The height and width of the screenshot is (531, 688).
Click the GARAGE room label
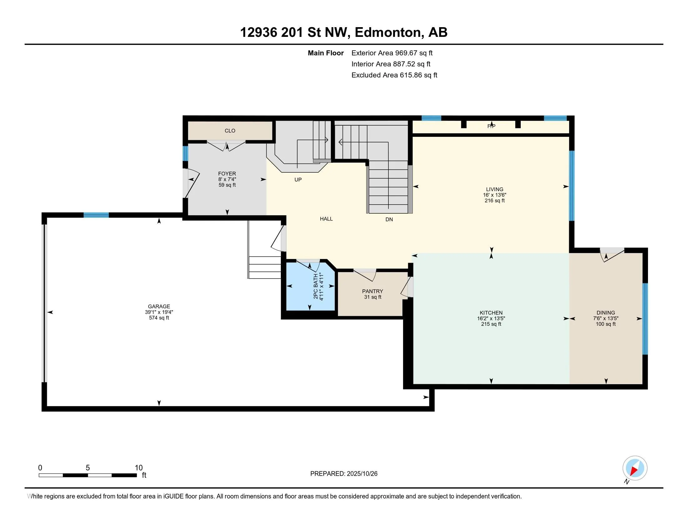159,306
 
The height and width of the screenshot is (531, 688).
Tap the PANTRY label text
372,291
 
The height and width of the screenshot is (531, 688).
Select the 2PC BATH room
310,285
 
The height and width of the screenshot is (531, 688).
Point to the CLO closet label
230,131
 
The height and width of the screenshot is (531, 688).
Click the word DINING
605,313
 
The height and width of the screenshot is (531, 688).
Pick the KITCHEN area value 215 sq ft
491,324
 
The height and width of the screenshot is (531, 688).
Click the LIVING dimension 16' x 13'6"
495,195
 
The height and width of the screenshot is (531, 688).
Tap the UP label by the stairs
298,180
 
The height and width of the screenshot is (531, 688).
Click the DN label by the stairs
389,219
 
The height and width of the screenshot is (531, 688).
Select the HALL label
326,219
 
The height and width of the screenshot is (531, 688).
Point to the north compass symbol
635,469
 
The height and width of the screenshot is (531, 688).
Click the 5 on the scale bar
88,468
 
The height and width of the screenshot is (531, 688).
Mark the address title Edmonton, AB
401,32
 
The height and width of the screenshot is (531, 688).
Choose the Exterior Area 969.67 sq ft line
392,53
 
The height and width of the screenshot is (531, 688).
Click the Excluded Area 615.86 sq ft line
394,75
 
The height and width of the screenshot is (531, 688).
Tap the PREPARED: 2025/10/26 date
344,474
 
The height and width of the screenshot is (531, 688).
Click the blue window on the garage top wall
96,215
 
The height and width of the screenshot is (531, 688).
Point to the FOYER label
227,174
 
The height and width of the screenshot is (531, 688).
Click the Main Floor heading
326,53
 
